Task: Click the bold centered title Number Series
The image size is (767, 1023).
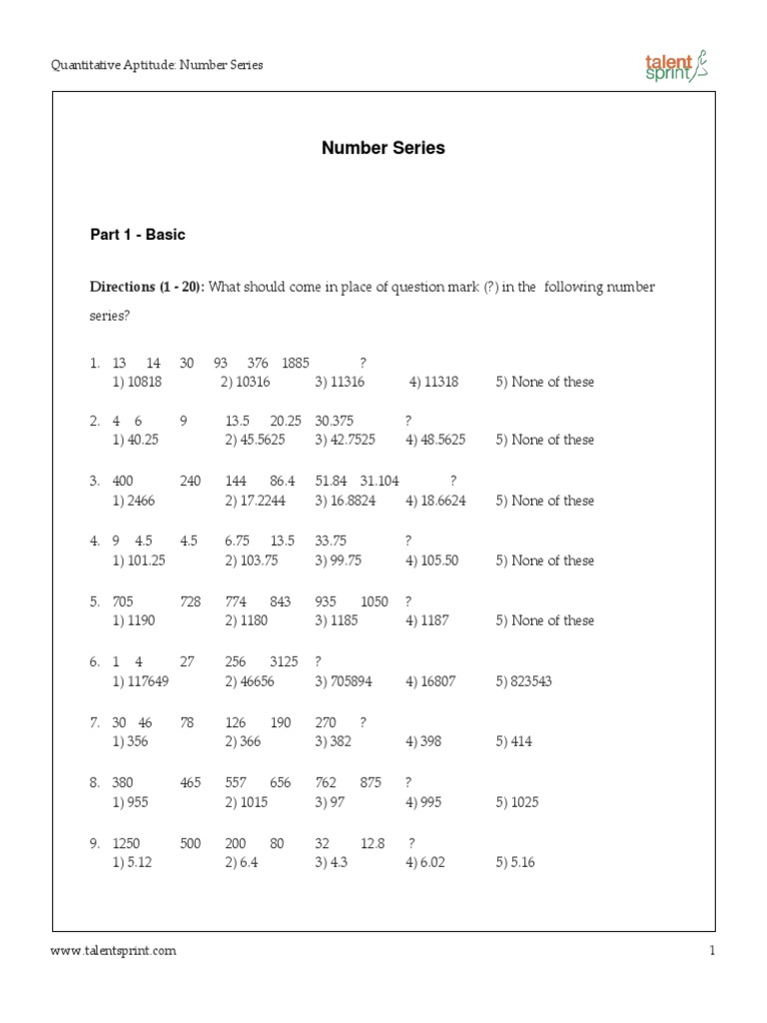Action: (x=383, y=148)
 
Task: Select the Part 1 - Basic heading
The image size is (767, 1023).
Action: (x=138, y=235)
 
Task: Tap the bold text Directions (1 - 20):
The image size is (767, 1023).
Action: (x=148, y=287)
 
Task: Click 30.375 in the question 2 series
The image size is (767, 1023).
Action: (x=334, y=422)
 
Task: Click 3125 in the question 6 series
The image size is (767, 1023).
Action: (x=286, y=661)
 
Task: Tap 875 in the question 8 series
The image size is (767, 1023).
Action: (x=371, y=783)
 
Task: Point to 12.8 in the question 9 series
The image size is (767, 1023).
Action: (x=373, y=843)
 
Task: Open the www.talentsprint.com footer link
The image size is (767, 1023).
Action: (x=114, y=951)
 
